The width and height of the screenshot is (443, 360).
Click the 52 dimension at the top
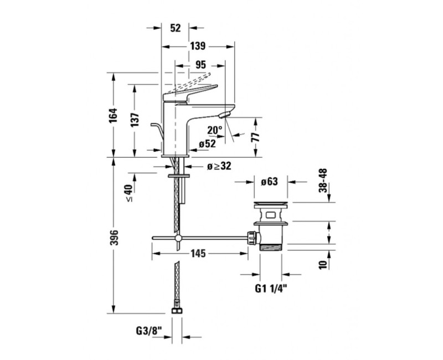175,28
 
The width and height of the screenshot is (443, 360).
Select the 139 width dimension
198,46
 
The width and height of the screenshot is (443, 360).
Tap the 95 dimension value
200,65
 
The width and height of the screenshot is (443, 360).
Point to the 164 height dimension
114,115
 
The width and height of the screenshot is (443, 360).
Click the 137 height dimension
135,120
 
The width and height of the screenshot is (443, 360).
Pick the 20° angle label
215,130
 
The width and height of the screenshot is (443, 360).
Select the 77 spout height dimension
255,137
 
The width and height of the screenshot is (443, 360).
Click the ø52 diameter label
207,144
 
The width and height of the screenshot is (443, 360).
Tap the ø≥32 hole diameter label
219,166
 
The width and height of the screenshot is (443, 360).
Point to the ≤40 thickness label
128,193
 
